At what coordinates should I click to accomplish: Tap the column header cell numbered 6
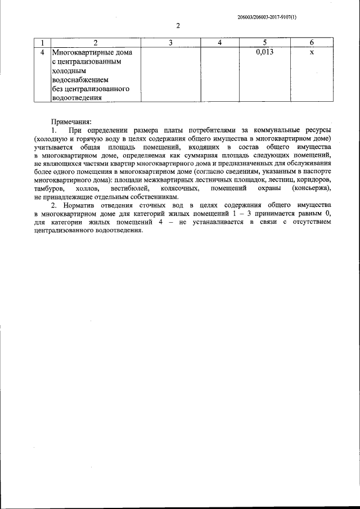312,43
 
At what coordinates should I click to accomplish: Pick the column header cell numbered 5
264,43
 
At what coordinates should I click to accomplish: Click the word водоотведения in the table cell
76,98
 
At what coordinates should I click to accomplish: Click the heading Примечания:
71,121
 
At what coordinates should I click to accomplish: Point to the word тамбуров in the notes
49,188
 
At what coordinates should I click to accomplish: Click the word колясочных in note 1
178,188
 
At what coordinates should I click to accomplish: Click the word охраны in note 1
262,188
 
